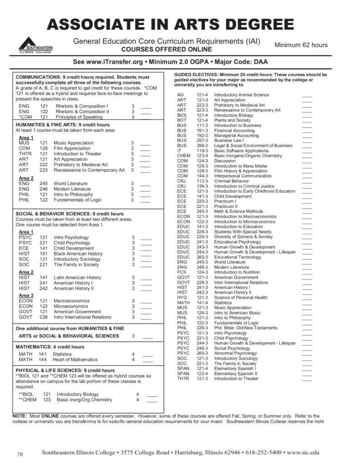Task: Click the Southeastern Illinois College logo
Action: tap(35, 45)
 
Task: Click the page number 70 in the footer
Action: tap(20, 454)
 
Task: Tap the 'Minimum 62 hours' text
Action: tap(300, 45)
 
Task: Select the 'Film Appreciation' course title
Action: tap(72, 148)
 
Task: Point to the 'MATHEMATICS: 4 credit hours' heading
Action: tap(50, 347)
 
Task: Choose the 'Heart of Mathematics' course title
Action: tap(75, 360)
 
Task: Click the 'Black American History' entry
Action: tap(78, 253)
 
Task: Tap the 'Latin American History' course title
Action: tap(77, 277)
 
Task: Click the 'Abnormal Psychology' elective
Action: tap(235, 353)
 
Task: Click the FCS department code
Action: tap(181, 272)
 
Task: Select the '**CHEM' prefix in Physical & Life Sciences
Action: tap(27, 400)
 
